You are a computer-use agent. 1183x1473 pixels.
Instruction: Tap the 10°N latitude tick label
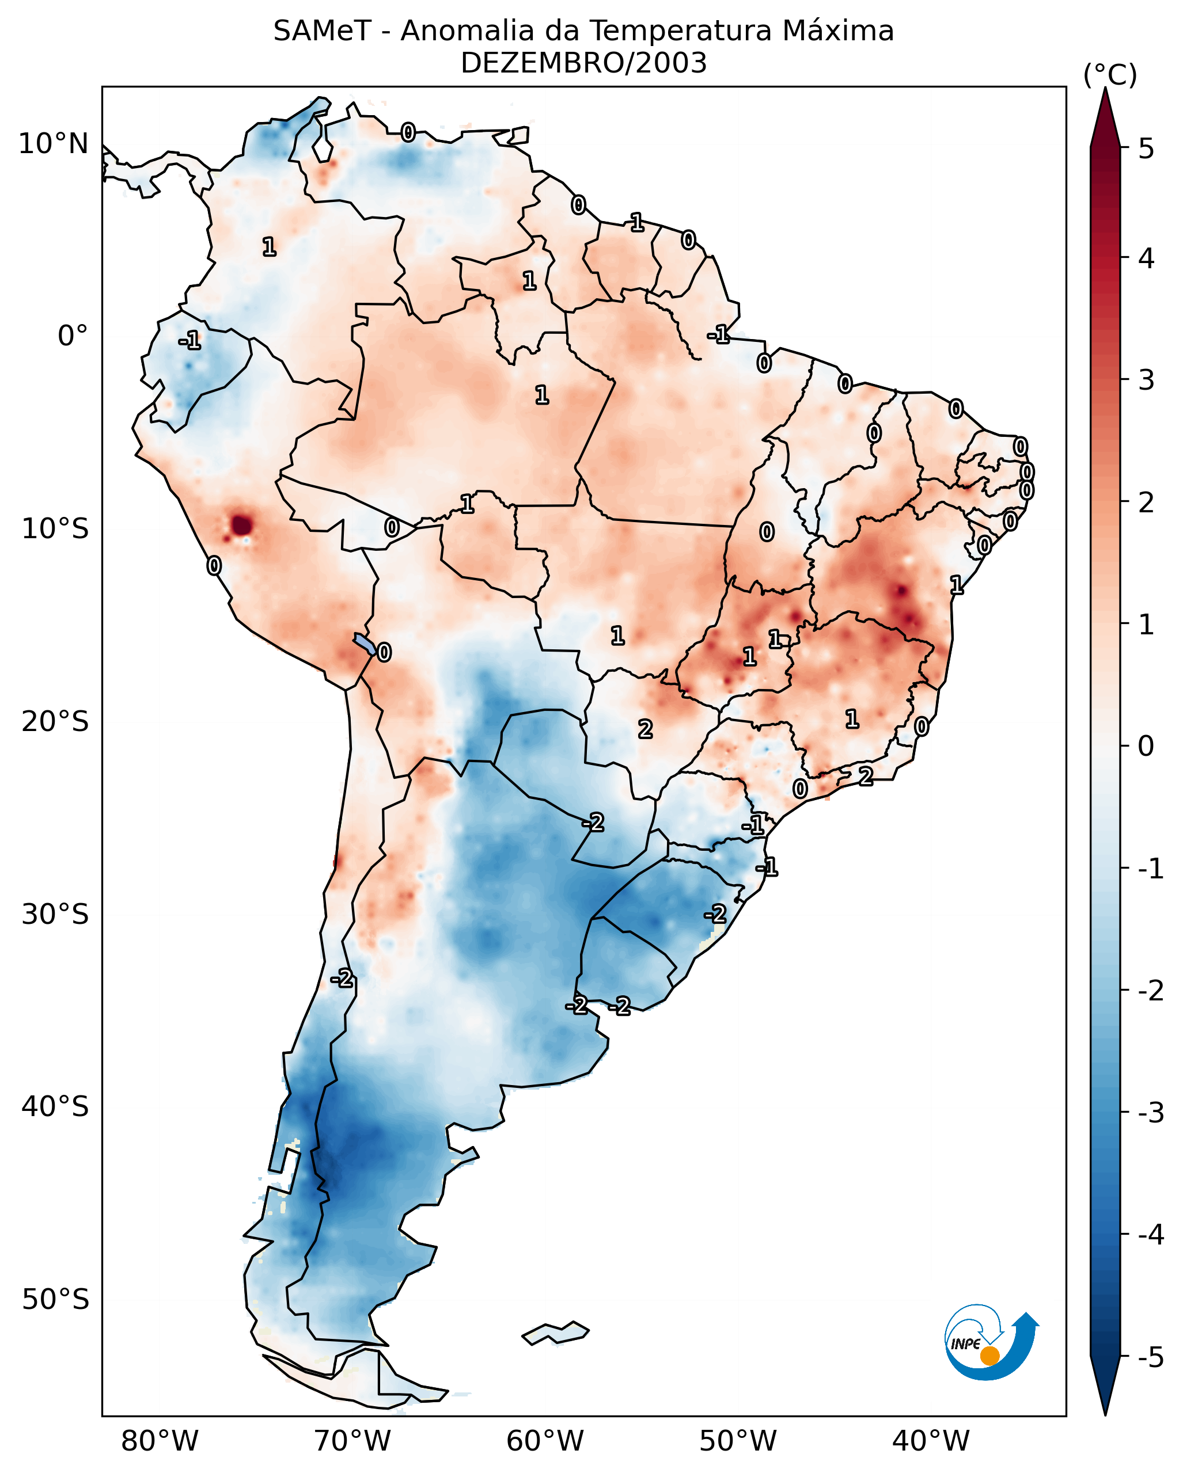click(54, 144)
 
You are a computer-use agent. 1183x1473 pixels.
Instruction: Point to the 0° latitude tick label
click(73, 336)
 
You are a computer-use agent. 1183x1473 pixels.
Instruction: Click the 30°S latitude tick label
click(55, 914)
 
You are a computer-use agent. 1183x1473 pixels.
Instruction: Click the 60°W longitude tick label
click(545, 1441)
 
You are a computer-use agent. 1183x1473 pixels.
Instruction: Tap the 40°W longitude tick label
click(930, 1441)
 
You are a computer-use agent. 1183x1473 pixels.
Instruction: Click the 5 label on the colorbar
click(1146, 149)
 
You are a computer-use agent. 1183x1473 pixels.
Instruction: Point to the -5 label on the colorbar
click(1150, 1357)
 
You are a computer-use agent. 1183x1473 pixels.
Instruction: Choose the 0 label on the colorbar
click(1146, 746)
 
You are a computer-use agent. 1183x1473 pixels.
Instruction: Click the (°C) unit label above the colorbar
click(1110, 75)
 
